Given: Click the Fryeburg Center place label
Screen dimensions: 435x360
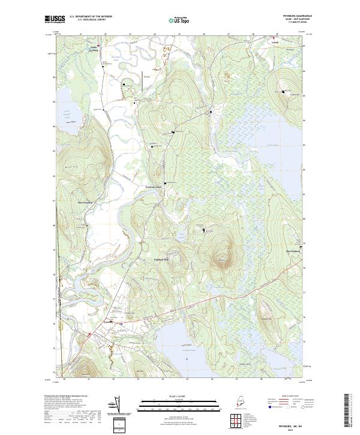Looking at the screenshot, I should pyautogui.click(x=155, y=187).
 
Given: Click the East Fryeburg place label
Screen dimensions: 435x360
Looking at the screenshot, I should pyautogui.click(x=294, y=251).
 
